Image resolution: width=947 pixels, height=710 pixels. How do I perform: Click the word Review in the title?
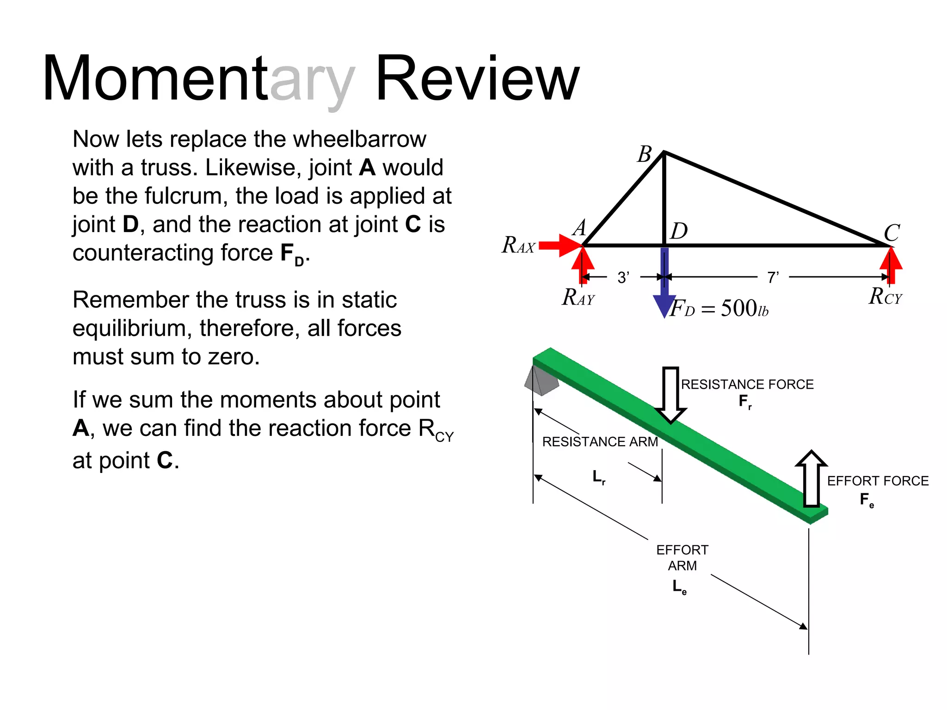[477, 79]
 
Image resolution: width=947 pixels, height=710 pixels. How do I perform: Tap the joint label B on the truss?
[645, 154]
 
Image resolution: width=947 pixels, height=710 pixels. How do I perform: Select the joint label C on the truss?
[892, 233]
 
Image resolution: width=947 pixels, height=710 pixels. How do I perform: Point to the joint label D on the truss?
[679, 231]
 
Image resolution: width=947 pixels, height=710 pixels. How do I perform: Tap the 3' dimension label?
[623, 277]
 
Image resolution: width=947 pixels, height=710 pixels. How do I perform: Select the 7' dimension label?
[773, 277]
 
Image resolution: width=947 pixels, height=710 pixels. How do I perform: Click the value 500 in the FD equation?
[739, 308]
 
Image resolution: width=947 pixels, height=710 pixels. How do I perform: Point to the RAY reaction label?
[578, 298]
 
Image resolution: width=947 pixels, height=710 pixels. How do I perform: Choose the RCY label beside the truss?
[885, 297]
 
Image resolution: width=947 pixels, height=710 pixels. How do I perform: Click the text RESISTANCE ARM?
[600, 442]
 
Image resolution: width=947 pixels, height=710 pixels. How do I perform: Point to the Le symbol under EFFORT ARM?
[679, 587]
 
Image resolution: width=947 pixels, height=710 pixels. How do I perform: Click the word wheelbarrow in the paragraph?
[360, 139]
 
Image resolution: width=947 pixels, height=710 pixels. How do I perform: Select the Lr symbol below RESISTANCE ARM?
[599, 477]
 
